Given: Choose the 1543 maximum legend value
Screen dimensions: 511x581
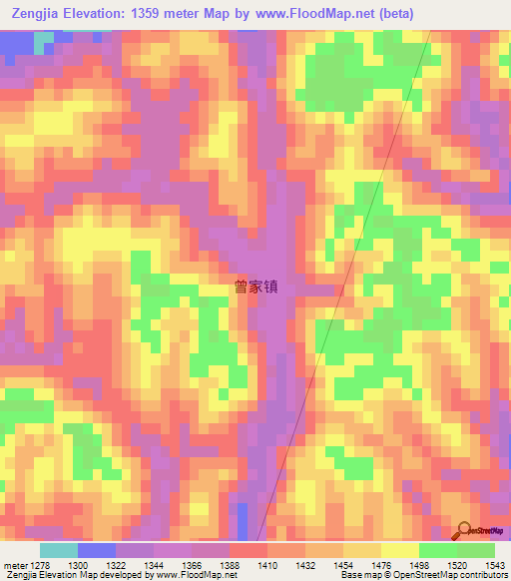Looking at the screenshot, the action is pos(495,566).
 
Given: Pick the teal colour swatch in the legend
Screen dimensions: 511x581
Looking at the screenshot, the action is pos(58,550).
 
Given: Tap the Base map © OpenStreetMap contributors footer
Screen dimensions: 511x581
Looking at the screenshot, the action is pos(422,576).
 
